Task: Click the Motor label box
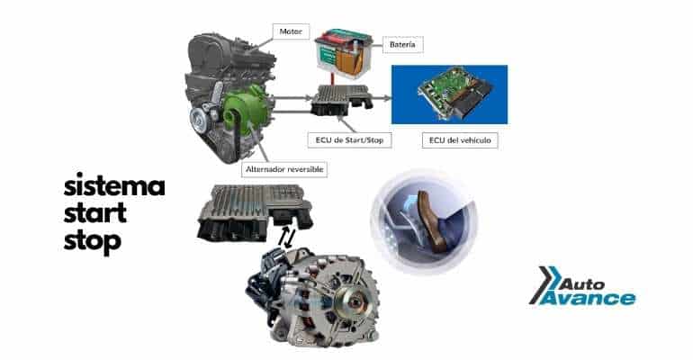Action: coord(291,31)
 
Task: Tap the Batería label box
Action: coord(402,45)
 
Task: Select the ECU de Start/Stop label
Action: coord(349,140)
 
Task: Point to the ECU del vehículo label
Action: coord(460,140)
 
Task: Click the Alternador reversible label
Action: coord(284,169)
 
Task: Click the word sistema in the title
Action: coord(114,185)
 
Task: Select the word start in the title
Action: coord(95,213)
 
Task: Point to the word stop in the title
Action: coord(93,242)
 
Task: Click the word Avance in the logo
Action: coord(588,298)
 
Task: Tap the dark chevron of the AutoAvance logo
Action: coord(542,285)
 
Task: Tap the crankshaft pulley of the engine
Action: coord(199,120)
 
